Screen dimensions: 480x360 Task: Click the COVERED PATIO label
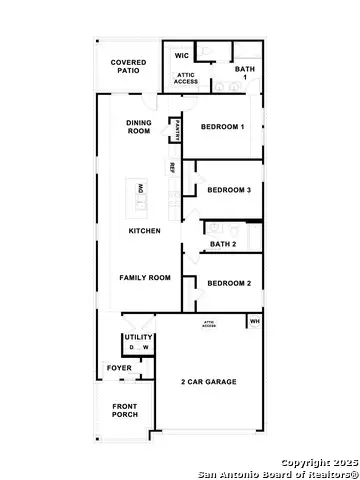click(x=128, y=66)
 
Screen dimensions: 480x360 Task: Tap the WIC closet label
click(x=182, y=56)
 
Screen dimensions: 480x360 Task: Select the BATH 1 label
click(x=245, y=73)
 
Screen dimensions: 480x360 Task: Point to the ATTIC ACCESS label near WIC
click(x=186, y=78)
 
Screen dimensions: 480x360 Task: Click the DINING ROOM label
click(x=139, y=126)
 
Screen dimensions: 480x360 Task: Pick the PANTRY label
click(x=178, y=128)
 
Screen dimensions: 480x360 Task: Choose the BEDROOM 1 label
click(x=224, y=127)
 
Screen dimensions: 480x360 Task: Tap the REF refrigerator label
click(x=172, y=166)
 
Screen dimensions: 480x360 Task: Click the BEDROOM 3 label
click(x=228, y=190)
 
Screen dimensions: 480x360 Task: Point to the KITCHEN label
click(x=144, y=231)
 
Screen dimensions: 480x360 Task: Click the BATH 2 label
click(x=222, y=244)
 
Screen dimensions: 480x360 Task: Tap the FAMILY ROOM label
click(x=144, y=277)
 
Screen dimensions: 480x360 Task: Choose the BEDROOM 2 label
click(x=228, y=283)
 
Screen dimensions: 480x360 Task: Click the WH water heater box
click(x=254, y=321)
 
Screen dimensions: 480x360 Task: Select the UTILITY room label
click(x=138, y=338)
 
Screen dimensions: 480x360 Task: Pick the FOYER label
click(x=119, y=368)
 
